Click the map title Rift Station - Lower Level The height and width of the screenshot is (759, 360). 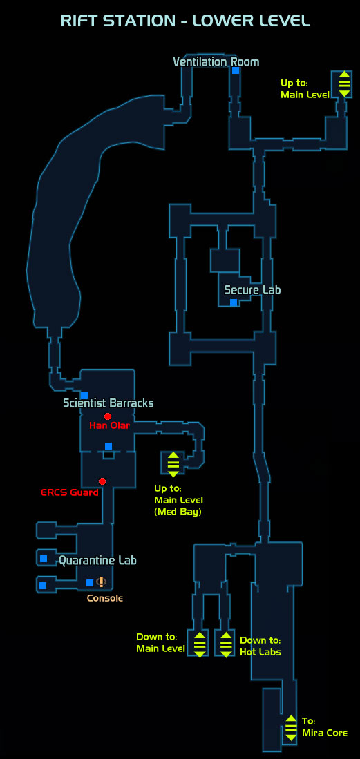[184, 21]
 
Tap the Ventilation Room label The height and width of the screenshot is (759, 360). [216, 62]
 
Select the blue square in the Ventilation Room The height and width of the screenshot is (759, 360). [236, 70]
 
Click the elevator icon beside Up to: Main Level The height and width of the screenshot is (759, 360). [344, 84]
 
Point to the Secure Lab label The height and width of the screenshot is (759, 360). [252, 290]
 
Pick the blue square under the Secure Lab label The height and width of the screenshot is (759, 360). [234, 302]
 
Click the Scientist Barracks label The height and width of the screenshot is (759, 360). [108, 403]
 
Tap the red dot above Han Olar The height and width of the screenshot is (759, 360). [108, 416]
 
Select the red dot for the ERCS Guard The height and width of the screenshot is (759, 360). [102, 481]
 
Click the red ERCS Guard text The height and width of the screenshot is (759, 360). [69, 493]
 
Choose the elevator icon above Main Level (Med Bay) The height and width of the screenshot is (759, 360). [173, 464]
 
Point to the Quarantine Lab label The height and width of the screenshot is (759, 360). [97, 561]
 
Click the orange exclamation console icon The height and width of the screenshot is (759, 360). [101, 582]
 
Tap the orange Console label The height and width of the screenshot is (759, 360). [104, 598]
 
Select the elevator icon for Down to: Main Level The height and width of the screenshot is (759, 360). [200, 644]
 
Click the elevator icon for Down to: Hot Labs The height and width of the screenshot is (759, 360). [226, 644]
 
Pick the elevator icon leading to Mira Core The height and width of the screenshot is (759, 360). [291, 727]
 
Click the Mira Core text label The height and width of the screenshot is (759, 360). [325, 733]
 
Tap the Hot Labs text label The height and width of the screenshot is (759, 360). [260, 652]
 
